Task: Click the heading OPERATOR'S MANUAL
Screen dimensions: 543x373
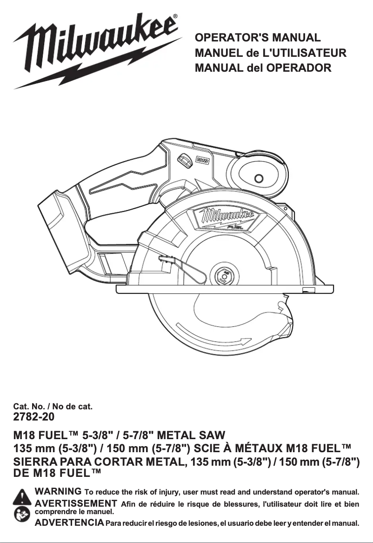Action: coord(258,38)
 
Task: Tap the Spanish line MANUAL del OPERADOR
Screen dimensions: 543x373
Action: coord(263,68)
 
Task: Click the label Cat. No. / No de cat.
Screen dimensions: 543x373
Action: coord(53,407)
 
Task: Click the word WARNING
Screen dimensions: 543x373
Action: coord(58,491)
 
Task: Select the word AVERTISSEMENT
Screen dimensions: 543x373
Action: coord(76,503)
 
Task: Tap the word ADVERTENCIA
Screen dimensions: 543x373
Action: coord(69,523)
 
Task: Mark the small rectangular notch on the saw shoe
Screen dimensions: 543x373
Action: coord(308,290)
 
